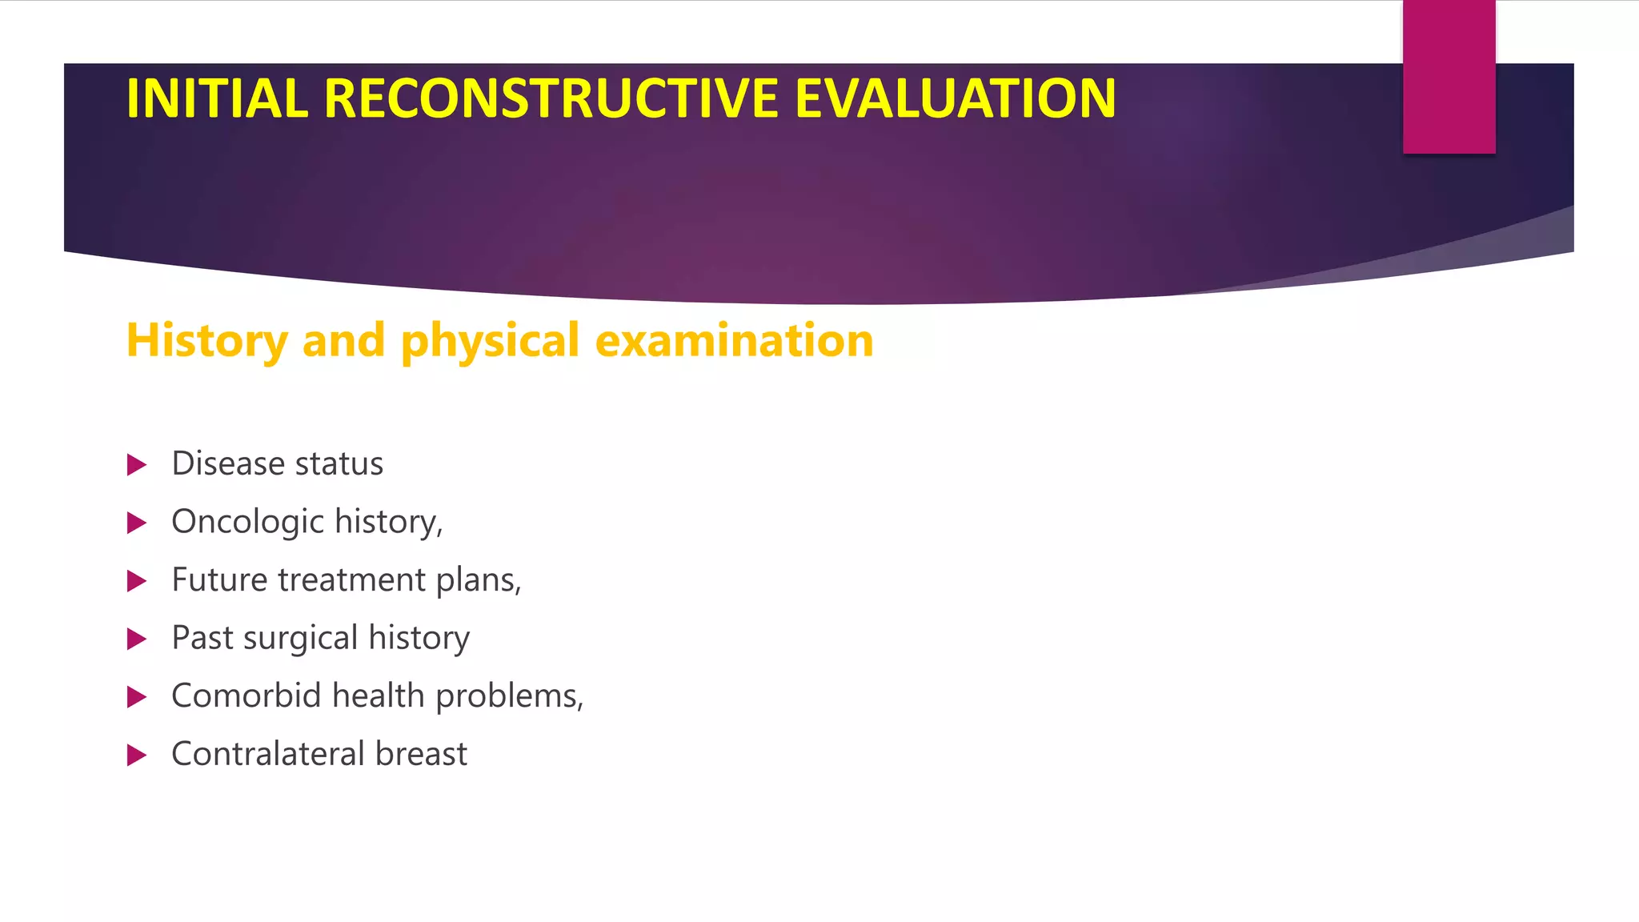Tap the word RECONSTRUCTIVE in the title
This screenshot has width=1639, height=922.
pos(551,98)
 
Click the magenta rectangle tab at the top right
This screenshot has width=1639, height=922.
pos(1449,77)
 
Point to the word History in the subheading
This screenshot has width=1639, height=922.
pos(206,340)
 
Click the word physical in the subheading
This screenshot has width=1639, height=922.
pos(490,340)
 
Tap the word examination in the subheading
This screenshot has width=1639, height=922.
pos(734,340)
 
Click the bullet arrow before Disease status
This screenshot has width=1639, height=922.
pos(137,465)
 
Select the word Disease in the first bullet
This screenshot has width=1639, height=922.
pos(228,464)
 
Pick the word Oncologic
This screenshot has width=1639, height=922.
pos(247,522)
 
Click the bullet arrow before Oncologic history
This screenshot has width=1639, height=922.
pos(137,523)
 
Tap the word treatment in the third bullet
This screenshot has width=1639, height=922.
pos(351,579)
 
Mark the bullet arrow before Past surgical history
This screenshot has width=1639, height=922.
pos(137,639)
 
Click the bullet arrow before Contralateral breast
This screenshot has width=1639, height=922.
pos(137,755)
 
